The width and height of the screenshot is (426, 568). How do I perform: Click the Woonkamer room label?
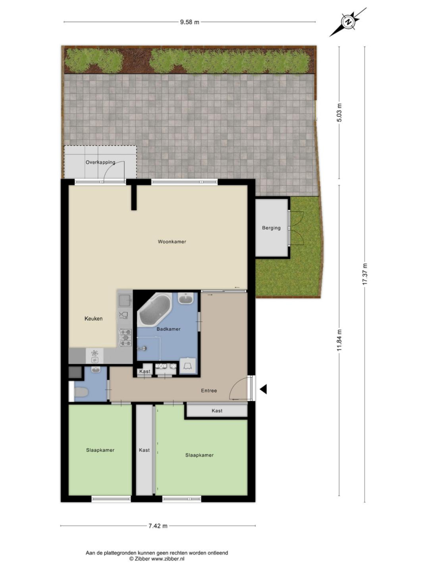click(x=172, y=241)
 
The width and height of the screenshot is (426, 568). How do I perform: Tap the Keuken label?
click(x=94, y=319)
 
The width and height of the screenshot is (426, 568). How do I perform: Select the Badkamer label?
click(x=169, y=329)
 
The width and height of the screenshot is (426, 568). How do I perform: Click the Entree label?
click(x=209, y=390)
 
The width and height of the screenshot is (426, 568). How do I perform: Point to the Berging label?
click(x=272, y=228)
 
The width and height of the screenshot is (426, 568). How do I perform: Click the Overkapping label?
click(x=101, y=163)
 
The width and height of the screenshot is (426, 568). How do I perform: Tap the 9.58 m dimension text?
click(x=190, y=22)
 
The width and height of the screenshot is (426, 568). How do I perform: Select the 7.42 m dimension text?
click(x=158, y=526)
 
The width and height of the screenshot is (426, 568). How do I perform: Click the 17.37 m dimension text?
click(x=365, y=274)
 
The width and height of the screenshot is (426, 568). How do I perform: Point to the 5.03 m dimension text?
click(x=339, y=113)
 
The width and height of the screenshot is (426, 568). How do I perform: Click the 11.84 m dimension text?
click(x=339, y=340)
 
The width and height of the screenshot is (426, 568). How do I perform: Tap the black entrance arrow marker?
click(x=264, y=389)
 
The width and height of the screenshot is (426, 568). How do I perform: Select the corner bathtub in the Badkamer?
click(x=155, y=310)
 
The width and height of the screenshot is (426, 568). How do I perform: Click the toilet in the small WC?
click(x=81, y=393)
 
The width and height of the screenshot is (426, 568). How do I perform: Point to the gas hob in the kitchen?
click(x=126, y=337)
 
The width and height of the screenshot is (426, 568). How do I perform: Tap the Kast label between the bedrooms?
click(x=144, y=450)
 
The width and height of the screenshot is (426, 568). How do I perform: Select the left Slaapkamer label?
click(x=101, y=450)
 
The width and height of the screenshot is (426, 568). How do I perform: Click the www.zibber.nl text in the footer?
click(x=167, y=559)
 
